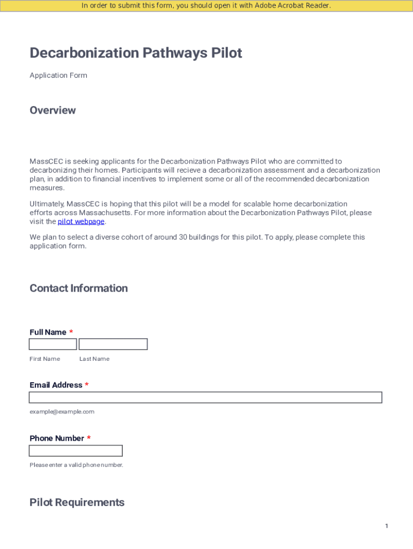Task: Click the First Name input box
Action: [53, 344]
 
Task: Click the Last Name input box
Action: [113, 344]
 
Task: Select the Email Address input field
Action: [205, 397]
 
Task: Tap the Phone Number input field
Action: [76, 450]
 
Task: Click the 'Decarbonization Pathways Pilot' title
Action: [136, 53]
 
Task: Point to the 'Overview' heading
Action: [53, 110]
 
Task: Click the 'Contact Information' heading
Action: [78, 288]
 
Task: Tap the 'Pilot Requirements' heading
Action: [77, 502]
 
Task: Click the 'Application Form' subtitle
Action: [58, 76]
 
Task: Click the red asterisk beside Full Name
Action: [71, 332]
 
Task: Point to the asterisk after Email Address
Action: [87, 385]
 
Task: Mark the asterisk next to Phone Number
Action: [89, 439]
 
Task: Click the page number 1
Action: [386, 526]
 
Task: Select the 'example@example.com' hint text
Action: [62, 412]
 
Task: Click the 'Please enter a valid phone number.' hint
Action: [76, 465]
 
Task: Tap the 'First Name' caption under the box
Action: [45, 359]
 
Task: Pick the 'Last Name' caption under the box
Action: [94, 359]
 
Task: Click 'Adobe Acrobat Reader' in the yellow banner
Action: [292, 6]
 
